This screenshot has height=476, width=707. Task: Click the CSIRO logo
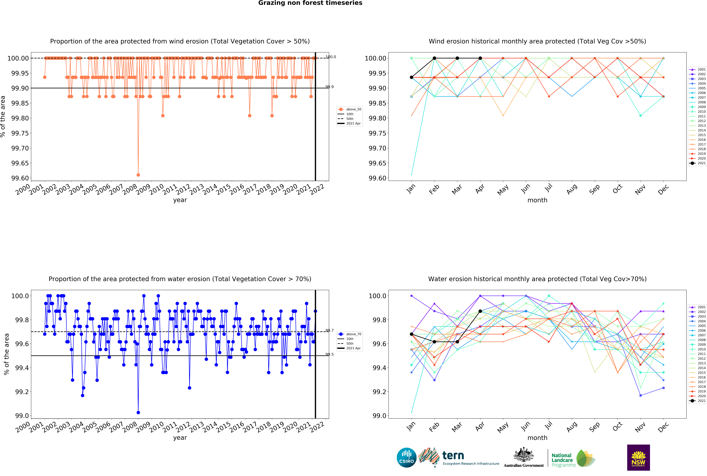click(x=406, y=457)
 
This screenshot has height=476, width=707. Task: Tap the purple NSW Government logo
click(x=638, y=457)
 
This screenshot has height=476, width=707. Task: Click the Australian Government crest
click(x=524, y=455)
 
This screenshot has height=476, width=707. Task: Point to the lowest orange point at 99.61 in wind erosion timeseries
click(x=138, y=175)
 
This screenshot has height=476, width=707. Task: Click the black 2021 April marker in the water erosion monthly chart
click(x=480, y=311)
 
